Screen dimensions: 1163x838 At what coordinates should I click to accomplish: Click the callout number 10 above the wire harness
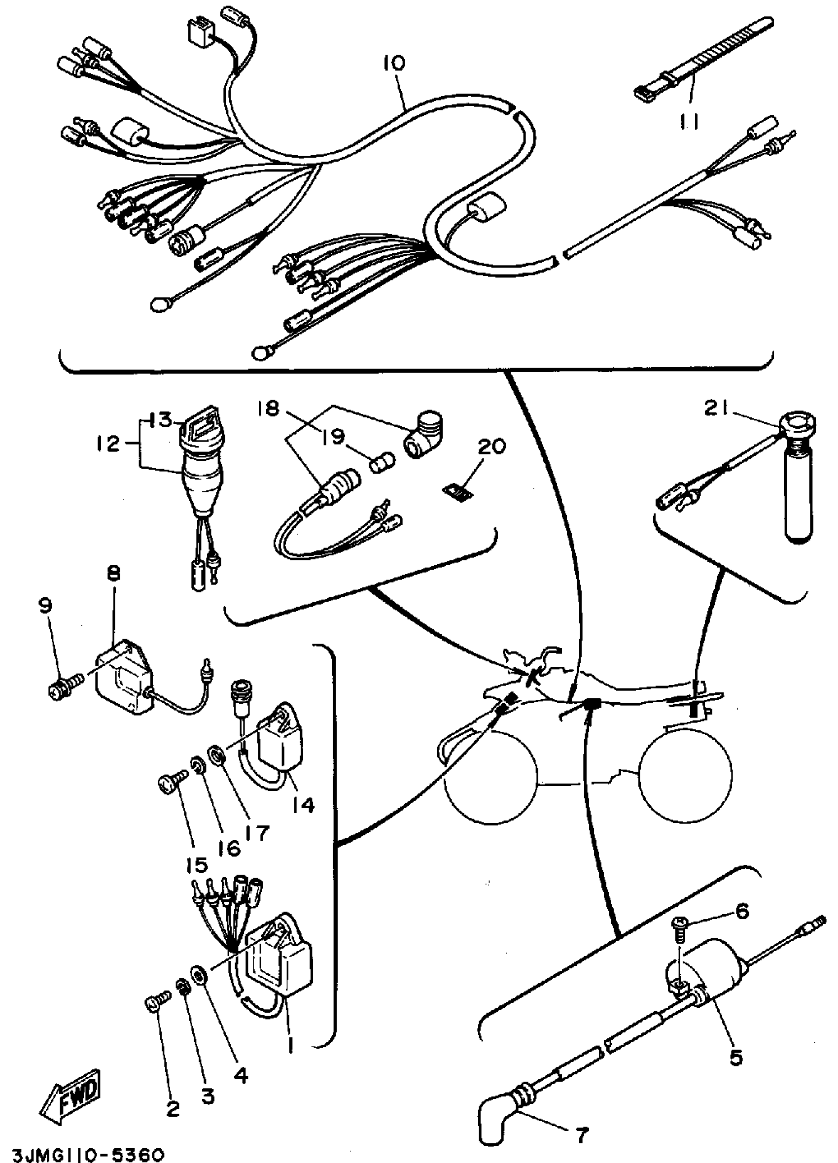coord(393,63)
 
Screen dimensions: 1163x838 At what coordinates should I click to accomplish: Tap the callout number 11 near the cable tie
coord(690,122)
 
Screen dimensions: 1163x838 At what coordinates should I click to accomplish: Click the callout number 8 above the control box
coord(113,573)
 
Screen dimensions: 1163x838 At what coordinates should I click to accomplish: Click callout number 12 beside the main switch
coord(107,443)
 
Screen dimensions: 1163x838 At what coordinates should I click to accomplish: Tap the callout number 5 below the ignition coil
coord(735,1058)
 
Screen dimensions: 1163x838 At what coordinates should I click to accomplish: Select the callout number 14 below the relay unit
coord(303,805)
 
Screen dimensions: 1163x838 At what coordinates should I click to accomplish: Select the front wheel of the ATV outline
coord(490,775)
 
